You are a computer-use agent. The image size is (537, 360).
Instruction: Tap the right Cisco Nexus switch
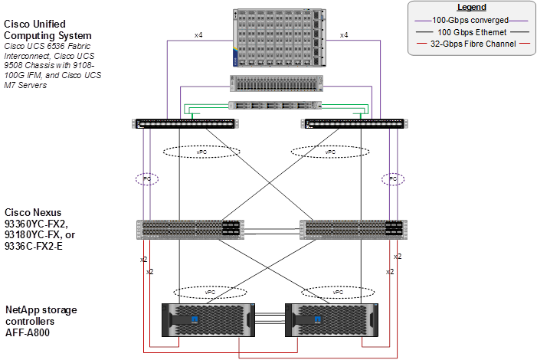(352, 228)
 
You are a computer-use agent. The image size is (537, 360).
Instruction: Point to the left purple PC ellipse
(146, 178)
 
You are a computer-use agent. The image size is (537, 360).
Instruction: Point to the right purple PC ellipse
(393, 178)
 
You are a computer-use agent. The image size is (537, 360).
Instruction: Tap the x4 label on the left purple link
(199, 34)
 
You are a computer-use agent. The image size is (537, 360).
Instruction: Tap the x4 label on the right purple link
(344, 34)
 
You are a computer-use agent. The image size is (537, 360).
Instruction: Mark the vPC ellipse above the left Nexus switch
(201, 152)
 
